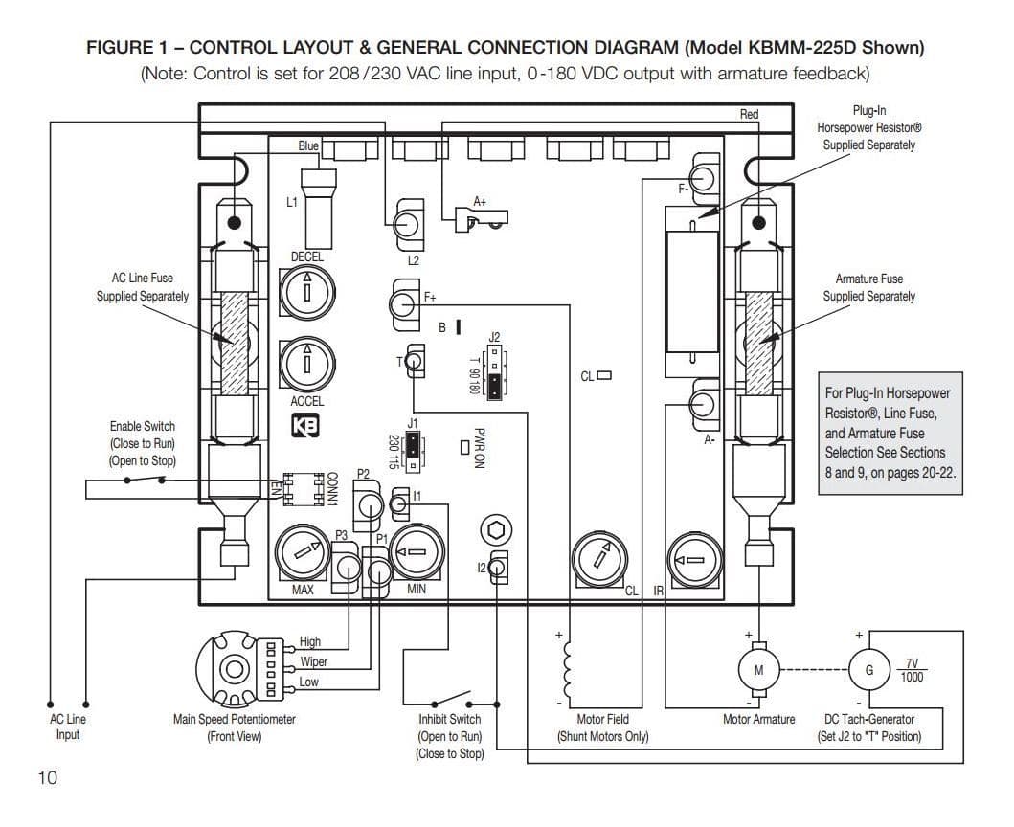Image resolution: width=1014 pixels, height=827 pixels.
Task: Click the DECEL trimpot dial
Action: pyautogui.click(x=306, y=288)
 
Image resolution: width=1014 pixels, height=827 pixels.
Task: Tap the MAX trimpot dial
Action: pyautogui.click(x=302, y=553)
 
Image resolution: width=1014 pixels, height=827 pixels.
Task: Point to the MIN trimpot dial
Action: pyautogui.click(x=416, y=553)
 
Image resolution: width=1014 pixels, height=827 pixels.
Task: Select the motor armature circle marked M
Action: pyautogui.click(x=758, y=669)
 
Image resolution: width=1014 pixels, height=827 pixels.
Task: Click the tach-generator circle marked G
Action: pyautogui.click(x=868, y=669)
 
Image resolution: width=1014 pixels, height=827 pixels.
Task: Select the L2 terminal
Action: pyautogui.click(x=410, y=222)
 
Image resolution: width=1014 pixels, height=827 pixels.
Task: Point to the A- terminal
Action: pyautogui.click(x=704, y=405)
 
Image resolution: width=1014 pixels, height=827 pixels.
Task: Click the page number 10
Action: pyautogui.click(x=47, y=777)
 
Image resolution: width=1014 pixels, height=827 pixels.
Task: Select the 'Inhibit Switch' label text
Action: pyautogui.click(x=450, y=719)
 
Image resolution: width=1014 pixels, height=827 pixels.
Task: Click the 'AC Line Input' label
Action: pyautogui.click(x=67, y=726)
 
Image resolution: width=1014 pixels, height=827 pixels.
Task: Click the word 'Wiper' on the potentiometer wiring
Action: pyautogui.click(x=313, y=661)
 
